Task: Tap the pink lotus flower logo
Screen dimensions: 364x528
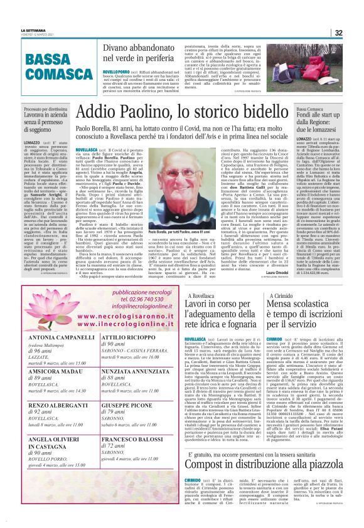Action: click(x=54, y=315)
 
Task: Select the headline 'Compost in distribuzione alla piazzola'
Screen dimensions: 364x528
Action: click(x=272, y=483)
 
